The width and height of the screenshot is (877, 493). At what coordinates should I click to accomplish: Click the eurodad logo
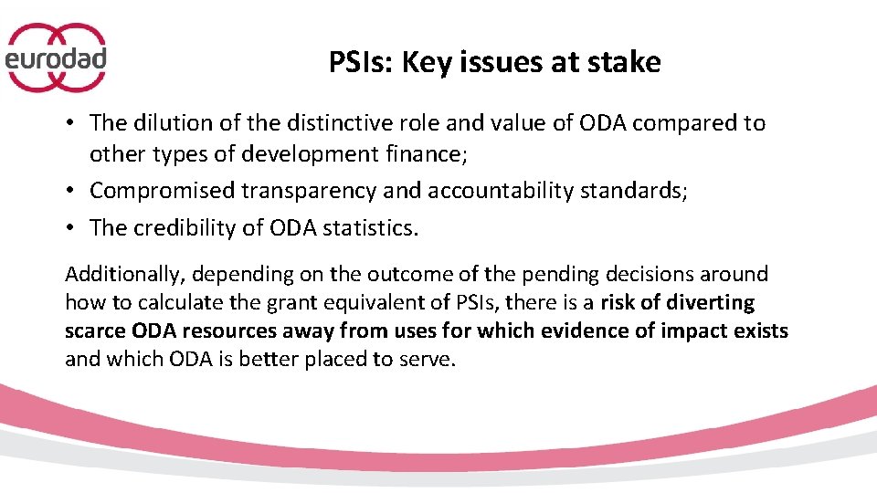[57, 58]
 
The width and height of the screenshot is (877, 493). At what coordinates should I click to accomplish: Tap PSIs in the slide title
[360, 62]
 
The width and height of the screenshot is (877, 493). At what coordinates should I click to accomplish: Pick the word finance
[429, 154]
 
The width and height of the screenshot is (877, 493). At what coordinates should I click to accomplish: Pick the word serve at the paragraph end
[429, 359]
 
